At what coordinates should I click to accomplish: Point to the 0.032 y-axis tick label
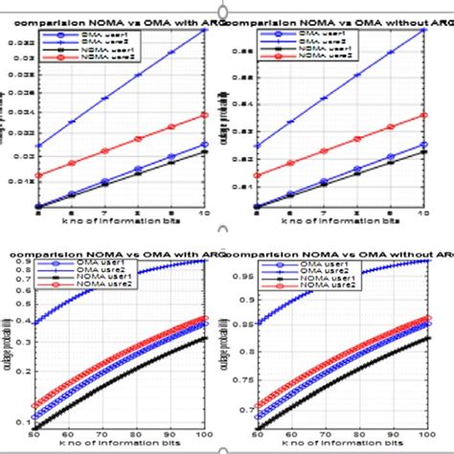(x=20, y=42)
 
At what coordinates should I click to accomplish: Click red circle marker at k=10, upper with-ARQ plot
(x=206, y=115)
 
